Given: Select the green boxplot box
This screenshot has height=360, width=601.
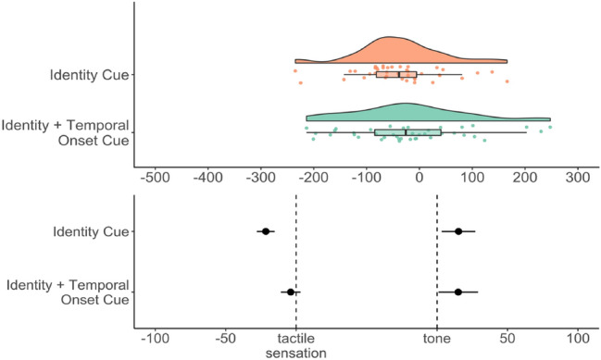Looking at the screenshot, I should [x=407, y=132].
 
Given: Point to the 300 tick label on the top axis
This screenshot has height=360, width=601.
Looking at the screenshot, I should [x=579, y=176].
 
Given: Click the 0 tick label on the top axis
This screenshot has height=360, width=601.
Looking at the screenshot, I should [x=419, y=176].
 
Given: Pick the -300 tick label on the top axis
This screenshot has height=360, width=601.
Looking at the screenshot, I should [x=260, y=176].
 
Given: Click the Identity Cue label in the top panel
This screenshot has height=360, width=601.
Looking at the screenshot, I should [x=91, y=75].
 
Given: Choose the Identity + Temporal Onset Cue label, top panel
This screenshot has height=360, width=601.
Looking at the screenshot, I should [x=65, y=133].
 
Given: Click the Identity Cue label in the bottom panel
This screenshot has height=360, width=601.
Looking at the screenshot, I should [x=91, y=231].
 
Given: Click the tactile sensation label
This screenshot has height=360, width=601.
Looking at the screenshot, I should [x=295, y=347].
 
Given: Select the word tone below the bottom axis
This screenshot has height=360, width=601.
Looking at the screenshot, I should [x=437, y=340].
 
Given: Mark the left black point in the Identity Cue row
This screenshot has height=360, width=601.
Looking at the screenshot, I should [x=266, y=231].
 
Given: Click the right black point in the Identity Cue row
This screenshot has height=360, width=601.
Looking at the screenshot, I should [x=458, y=231].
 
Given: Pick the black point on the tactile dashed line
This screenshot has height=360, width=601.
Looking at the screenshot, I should [x=291, y=292].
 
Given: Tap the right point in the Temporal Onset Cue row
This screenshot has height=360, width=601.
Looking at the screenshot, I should [x=458, y=292].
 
